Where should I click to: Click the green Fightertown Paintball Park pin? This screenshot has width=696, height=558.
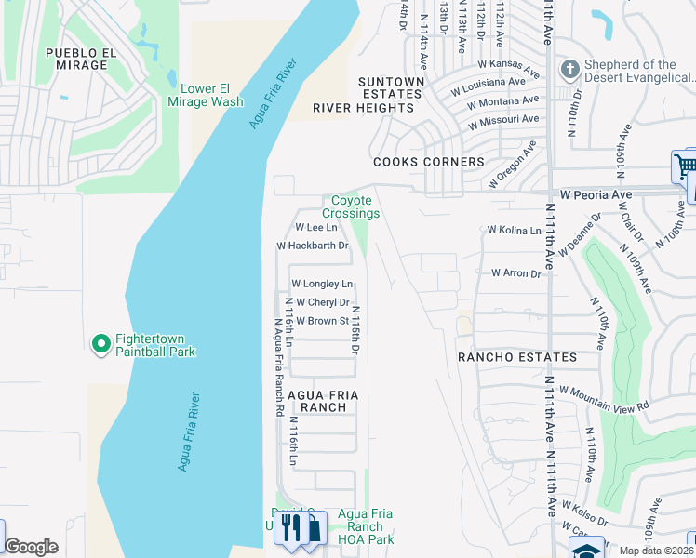pos(100,344)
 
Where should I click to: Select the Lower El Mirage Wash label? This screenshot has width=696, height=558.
pos(206,95)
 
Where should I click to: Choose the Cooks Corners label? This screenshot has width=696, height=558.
pos(428,162)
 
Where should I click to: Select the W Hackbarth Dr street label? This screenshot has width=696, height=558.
pos(313,246)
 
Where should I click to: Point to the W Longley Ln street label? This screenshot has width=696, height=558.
pos(322,284)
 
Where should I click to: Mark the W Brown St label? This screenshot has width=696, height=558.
pos(322,321)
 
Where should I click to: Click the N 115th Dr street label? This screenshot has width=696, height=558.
pos(355,331)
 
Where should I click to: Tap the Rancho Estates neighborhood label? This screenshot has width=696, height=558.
pos(516,357)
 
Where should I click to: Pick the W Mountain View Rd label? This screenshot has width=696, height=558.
pos(603,400)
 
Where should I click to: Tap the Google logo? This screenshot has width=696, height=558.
pos(31,547)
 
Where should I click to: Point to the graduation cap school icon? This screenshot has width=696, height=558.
pos(586,550)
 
